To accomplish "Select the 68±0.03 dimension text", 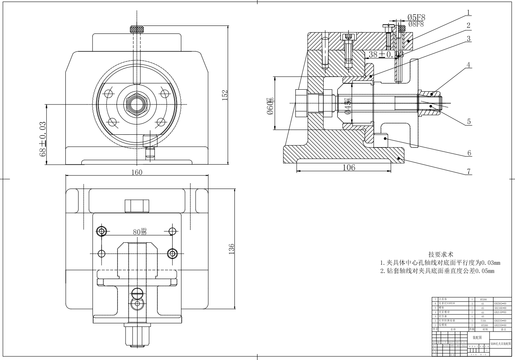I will tap(43, 139).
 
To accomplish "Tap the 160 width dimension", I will tap(137, 172).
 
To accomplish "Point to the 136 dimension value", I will tap(232, 248).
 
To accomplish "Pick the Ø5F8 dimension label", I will tap(416, 18).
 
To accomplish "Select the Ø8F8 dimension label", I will tap(416, 24).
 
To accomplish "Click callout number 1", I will tap(469, 12).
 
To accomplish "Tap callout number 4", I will tap(469, 64).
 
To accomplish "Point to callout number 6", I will tap(469, 153).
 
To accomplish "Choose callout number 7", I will tap(469, 171).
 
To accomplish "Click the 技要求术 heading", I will tap(440, 254).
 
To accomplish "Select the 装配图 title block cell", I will tap(477, 337).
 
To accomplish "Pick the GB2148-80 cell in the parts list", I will tap(501, 312).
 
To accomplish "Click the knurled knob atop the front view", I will tap(136, 30).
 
